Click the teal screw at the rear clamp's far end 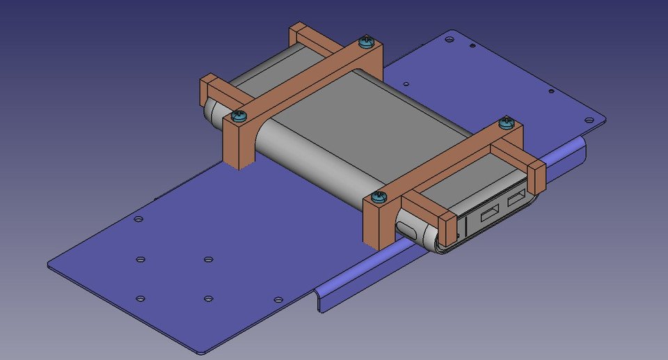[365, 43]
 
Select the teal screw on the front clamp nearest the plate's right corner [506, 123]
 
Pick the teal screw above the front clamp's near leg [378, 197]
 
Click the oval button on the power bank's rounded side [410, 229]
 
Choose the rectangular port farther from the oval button [516, 201]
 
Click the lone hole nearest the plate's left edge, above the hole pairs [138, 219]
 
